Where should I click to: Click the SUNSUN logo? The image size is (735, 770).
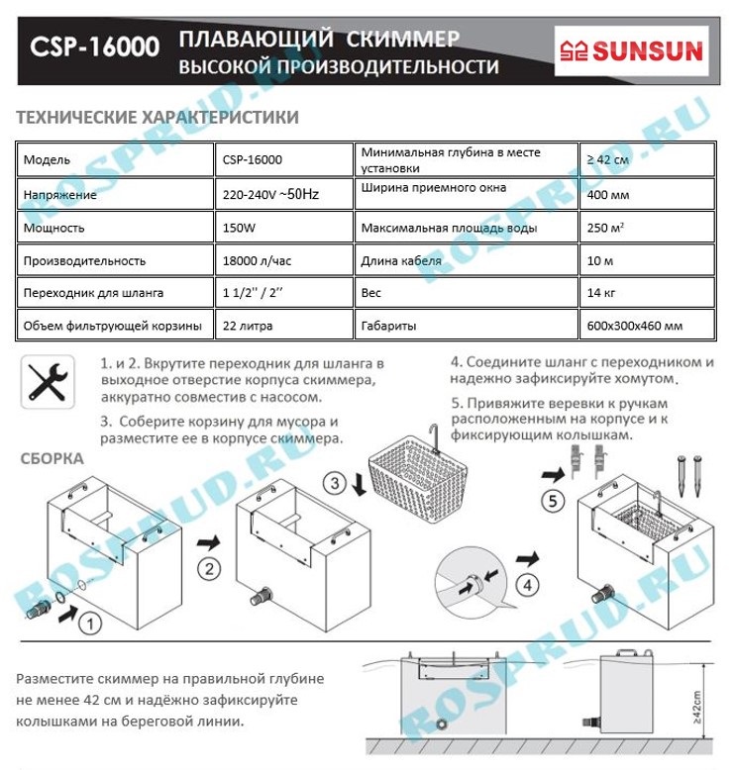pos(631,50)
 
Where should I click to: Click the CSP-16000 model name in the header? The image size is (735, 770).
pos(94,47)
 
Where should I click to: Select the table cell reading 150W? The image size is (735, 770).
pos(283,228)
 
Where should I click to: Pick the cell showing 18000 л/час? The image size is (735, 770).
pos(283,260)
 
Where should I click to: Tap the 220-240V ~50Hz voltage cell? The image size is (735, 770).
pos(283,194)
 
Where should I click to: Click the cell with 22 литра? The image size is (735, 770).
pos(283,325)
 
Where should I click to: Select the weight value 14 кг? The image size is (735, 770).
pos(647,293)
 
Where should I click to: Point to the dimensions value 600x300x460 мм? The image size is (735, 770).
pos(647,325)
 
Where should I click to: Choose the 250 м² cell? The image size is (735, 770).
pos(647,228)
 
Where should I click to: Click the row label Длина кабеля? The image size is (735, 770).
pos(401,260)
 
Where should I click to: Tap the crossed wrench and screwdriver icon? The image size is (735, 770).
pos(48,382)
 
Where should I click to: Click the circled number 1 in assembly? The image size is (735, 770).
pos(90,624)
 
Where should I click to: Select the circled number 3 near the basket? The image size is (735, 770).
pos(335,483)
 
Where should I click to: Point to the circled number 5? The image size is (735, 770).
pos(553,502)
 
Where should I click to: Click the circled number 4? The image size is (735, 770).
pos(528,585)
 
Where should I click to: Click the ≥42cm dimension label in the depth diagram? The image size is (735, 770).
pos(696,707)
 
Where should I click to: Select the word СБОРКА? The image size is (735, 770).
pos(52,458)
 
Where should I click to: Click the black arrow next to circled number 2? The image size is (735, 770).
pos(209,542)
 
